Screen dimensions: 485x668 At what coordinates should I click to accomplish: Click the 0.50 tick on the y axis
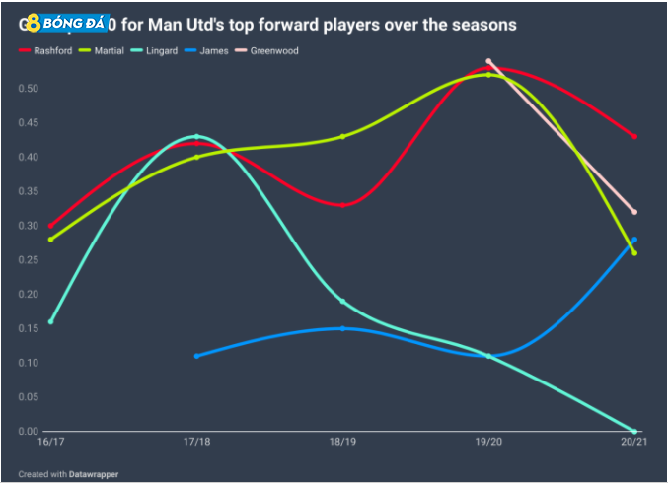tap(30, 89)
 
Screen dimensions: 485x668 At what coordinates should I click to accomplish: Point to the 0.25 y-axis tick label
tap(30, 260)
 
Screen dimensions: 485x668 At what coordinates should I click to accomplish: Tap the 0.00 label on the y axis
tap(30, 432)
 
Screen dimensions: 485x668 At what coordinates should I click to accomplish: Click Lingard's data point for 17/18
tap(196, 136)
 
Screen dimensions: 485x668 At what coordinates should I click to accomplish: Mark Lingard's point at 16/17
tap(50, 321)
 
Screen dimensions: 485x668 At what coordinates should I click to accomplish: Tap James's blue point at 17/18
tap(196, 356)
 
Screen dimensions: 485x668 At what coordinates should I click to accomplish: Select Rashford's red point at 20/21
tap(634, 136)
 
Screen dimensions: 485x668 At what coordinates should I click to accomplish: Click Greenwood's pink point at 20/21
tap(634, 212)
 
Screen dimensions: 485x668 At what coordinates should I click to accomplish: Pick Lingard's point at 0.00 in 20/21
tap(634, 431)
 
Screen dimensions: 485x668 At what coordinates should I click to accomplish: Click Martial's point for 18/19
tap(342, 136)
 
